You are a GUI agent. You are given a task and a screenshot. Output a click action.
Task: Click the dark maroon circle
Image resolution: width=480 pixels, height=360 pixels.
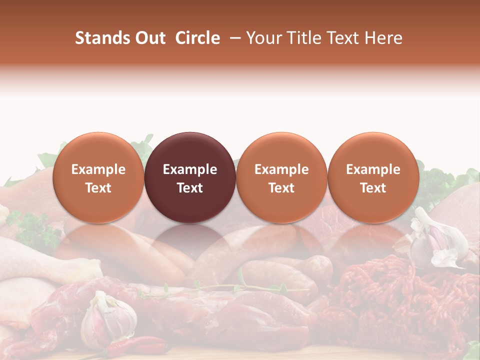tap(190, 177)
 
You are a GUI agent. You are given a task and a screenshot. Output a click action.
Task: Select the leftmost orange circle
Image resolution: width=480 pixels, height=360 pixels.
tap(98, 177)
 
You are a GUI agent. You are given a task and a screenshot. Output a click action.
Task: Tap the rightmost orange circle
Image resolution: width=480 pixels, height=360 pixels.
tap(373, 177)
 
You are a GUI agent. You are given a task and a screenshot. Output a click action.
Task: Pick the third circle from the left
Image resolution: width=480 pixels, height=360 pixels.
tap(281, 177)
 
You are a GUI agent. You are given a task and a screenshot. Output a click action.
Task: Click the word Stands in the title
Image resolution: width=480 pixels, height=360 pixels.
tap(102, 38)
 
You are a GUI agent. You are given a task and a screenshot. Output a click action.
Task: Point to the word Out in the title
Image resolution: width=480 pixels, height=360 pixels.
tap(150, 38)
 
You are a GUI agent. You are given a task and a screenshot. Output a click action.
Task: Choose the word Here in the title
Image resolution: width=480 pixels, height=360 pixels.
tap(384, 38)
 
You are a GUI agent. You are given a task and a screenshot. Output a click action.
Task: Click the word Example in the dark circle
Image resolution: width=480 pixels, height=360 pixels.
tap(190, 169)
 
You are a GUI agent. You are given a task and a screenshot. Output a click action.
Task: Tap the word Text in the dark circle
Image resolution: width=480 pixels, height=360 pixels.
tap(190, 188)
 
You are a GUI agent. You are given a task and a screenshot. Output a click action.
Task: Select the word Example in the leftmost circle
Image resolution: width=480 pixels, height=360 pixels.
tap(98, 169)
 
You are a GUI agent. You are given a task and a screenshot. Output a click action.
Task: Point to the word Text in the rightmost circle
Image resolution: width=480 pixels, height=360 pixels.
tap(373, 188)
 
